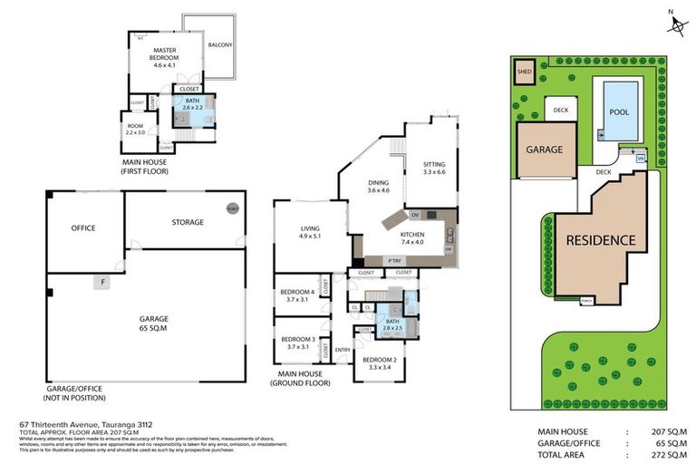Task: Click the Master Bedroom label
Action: pyautogui.click(x=165, y=58)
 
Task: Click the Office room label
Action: pyautogui.click(x=82, y=227)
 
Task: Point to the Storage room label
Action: pyautogui.click(x=188, y=222)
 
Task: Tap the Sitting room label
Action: pyautogui.click(x=434, y=168)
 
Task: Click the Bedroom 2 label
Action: pyautogui.click(x=381, y=365)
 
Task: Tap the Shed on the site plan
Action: pyautogui.click(x=524, y=71)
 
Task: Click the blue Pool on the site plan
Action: pyautogui.click(x=619, y=112)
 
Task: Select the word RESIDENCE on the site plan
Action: pyautogui.click(x=601, y=241)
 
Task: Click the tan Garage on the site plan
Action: pyautogui.click(x=544, y=150)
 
